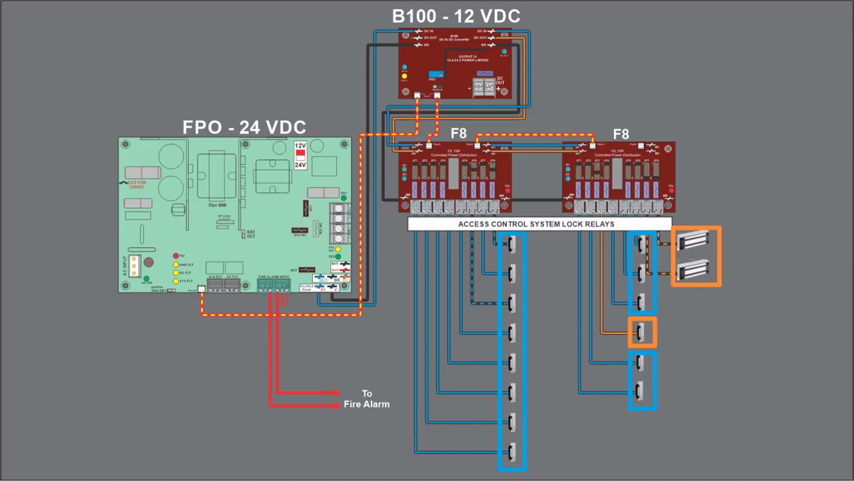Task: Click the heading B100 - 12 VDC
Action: tap(456, 16)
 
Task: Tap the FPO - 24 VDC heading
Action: tap(244, 128)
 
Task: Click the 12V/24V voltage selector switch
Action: tap(300, 155)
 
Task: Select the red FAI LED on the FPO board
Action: tap(175, 256)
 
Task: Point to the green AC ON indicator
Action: tap(147, 277)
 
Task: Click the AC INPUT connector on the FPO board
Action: tap(133, 265)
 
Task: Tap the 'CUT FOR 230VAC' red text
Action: tap(137, 184)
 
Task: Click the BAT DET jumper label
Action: tap(251, 234)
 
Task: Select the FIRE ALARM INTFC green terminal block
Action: tap(274, 285)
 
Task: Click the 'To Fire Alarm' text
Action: tap(366, 399)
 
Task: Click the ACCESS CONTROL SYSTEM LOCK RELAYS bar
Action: tap(536, 224)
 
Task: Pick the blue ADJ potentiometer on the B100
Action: tap(436, 75)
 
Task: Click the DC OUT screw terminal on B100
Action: tap(484, 87)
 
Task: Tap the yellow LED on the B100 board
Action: tap(404, 76)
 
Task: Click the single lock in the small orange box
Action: tap(642, 332)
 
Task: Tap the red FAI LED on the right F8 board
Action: tap(671, 191)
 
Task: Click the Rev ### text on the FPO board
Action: tap(218, 205)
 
